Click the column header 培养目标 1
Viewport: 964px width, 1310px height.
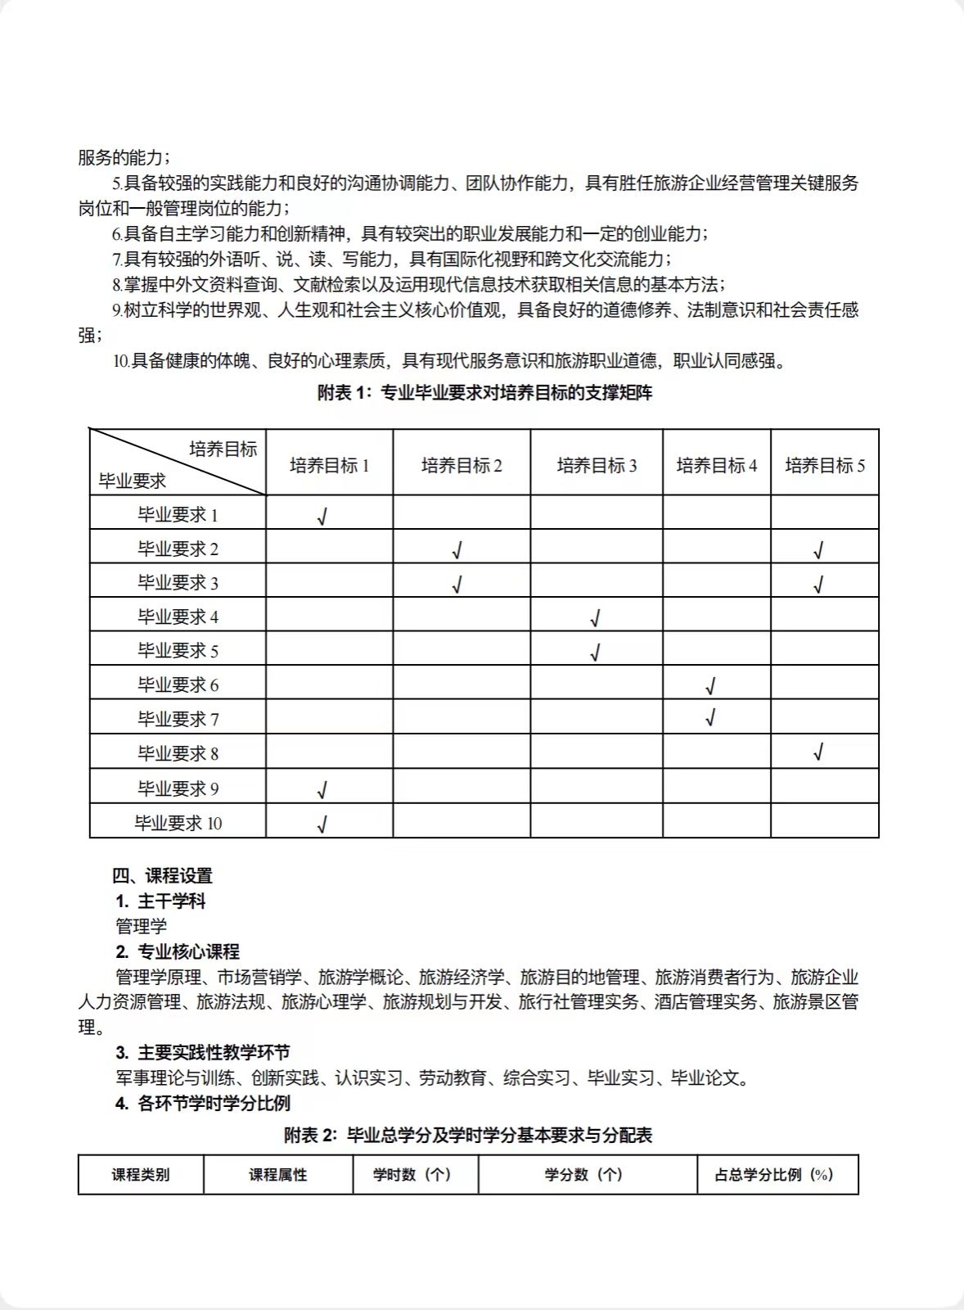[x=329, y=466]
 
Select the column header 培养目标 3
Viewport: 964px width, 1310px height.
[x=597, y=466]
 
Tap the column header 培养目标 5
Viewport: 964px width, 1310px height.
[x=825, y=466]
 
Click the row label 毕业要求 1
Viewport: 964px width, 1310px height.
[x=178, y=515]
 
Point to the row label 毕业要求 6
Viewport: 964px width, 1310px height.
[x=178, y=685]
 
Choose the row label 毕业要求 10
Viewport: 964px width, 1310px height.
[x=178, y=823]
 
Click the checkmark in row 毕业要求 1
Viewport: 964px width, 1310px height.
[x=322, y=517]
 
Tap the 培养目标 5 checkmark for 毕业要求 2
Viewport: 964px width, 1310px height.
[x=818, y=551]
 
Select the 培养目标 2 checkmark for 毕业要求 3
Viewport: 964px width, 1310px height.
[x=457, y=585]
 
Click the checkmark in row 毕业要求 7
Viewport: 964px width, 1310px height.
[x=710, y=718]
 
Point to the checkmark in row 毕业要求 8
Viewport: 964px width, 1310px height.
[x=818, y=752]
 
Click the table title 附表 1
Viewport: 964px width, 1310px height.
[x=484, y=393]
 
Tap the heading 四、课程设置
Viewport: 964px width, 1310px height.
[x=162, y=875]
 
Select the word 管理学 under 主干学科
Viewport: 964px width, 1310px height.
[x=141, y=926]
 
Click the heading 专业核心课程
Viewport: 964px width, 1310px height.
[x=188, y=951]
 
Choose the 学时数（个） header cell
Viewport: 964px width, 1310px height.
[x=415, y=1174]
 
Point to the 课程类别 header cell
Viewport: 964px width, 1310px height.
[x=141, y=1174]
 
